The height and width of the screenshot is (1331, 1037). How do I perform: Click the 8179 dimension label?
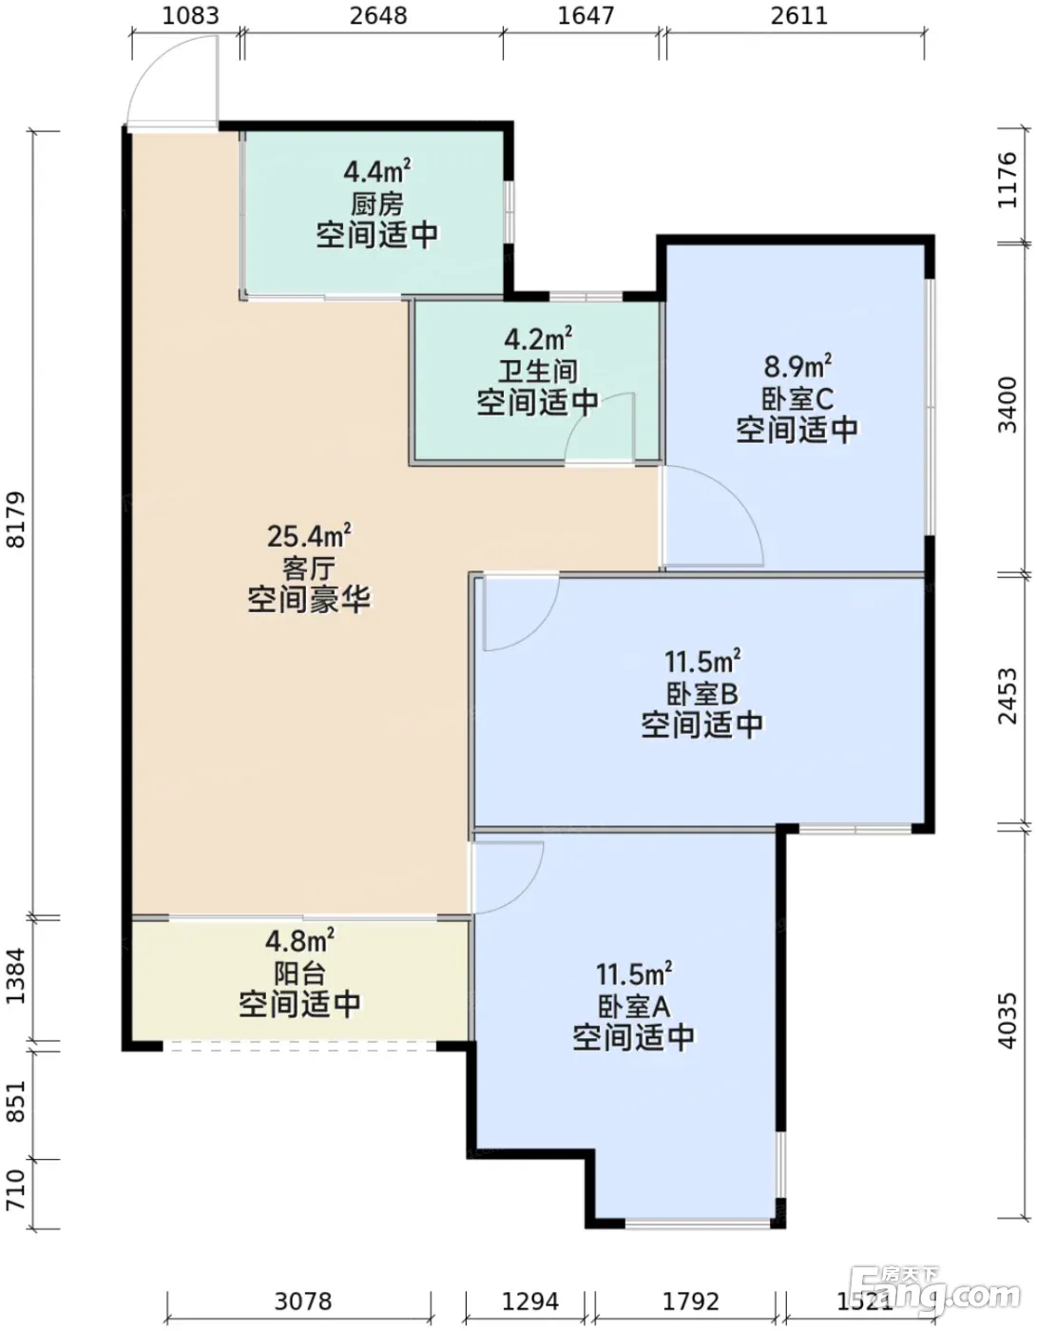tap(16, 519)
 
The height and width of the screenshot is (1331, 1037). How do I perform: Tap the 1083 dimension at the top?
tap(190, 15)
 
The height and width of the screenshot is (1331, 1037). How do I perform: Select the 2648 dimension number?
tap(378, 15)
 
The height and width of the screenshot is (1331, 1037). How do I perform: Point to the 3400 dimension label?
tap(1007, 406)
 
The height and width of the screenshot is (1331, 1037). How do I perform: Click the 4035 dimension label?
tap(1007, 1020)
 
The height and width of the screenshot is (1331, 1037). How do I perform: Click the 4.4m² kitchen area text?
tap(377, 171)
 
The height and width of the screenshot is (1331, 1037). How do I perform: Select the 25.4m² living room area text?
tap(309, 536)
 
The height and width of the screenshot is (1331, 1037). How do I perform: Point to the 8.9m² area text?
tap(797, 366)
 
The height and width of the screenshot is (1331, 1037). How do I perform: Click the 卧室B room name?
tap(702, 694)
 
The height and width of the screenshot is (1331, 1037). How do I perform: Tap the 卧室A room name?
tap(634, 1007)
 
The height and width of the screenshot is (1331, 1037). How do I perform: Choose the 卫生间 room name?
tap(538, 371)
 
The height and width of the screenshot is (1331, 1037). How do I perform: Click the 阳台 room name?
tap(299, 974)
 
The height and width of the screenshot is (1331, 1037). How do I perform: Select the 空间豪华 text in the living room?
tap(309, 600)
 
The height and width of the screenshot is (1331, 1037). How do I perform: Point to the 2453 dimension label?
tap(1007, 697)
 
